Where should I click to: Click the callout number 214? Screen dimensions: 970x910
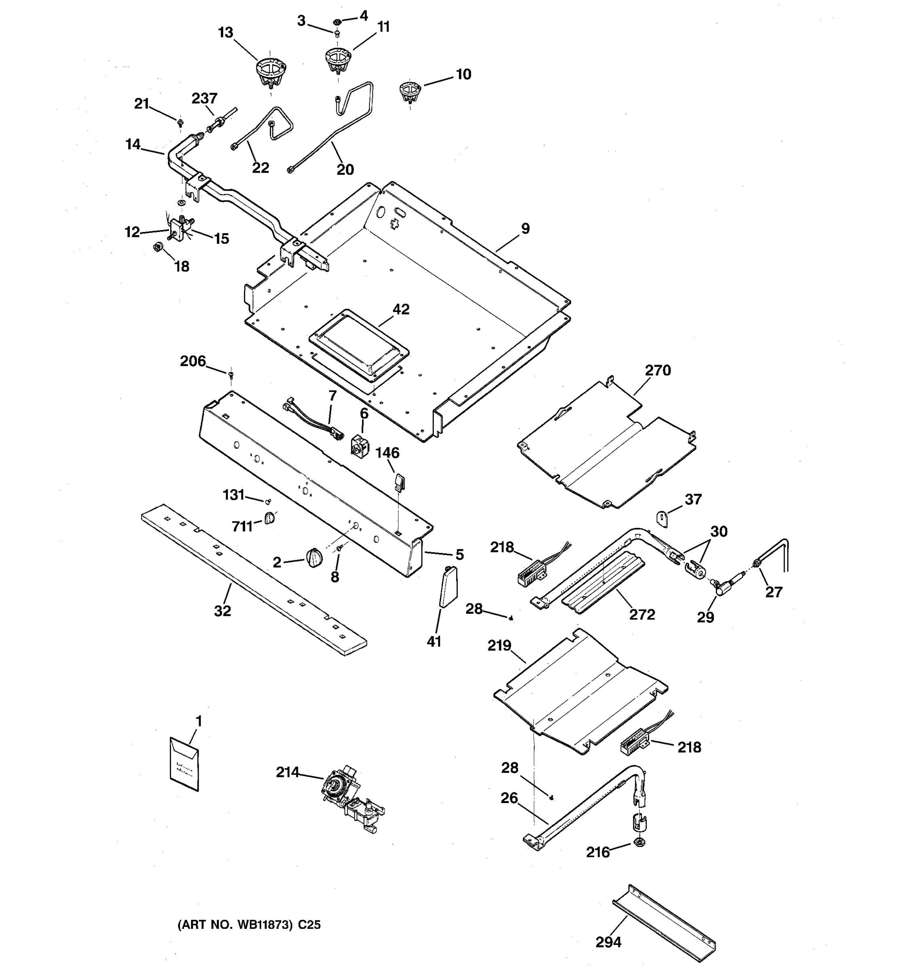(x=287, y=772)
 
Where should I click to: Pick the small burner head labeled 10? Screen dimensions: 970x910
(x=410, y=91)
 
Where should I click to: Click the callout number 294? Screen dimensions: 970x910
(x=608, y=942)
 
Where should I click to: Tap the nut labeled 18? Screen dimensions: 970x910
(x=158, y=247)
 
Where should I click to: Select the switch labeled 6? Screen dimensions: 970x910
(x=360, y=445)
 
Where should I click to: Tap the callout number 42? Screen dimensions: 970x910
(x=401, y=309)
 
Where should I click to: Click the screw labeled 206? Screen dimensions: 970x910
(x=231, y=374)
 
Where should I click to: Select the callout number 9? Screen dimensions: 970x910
(x=525, y=228)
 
